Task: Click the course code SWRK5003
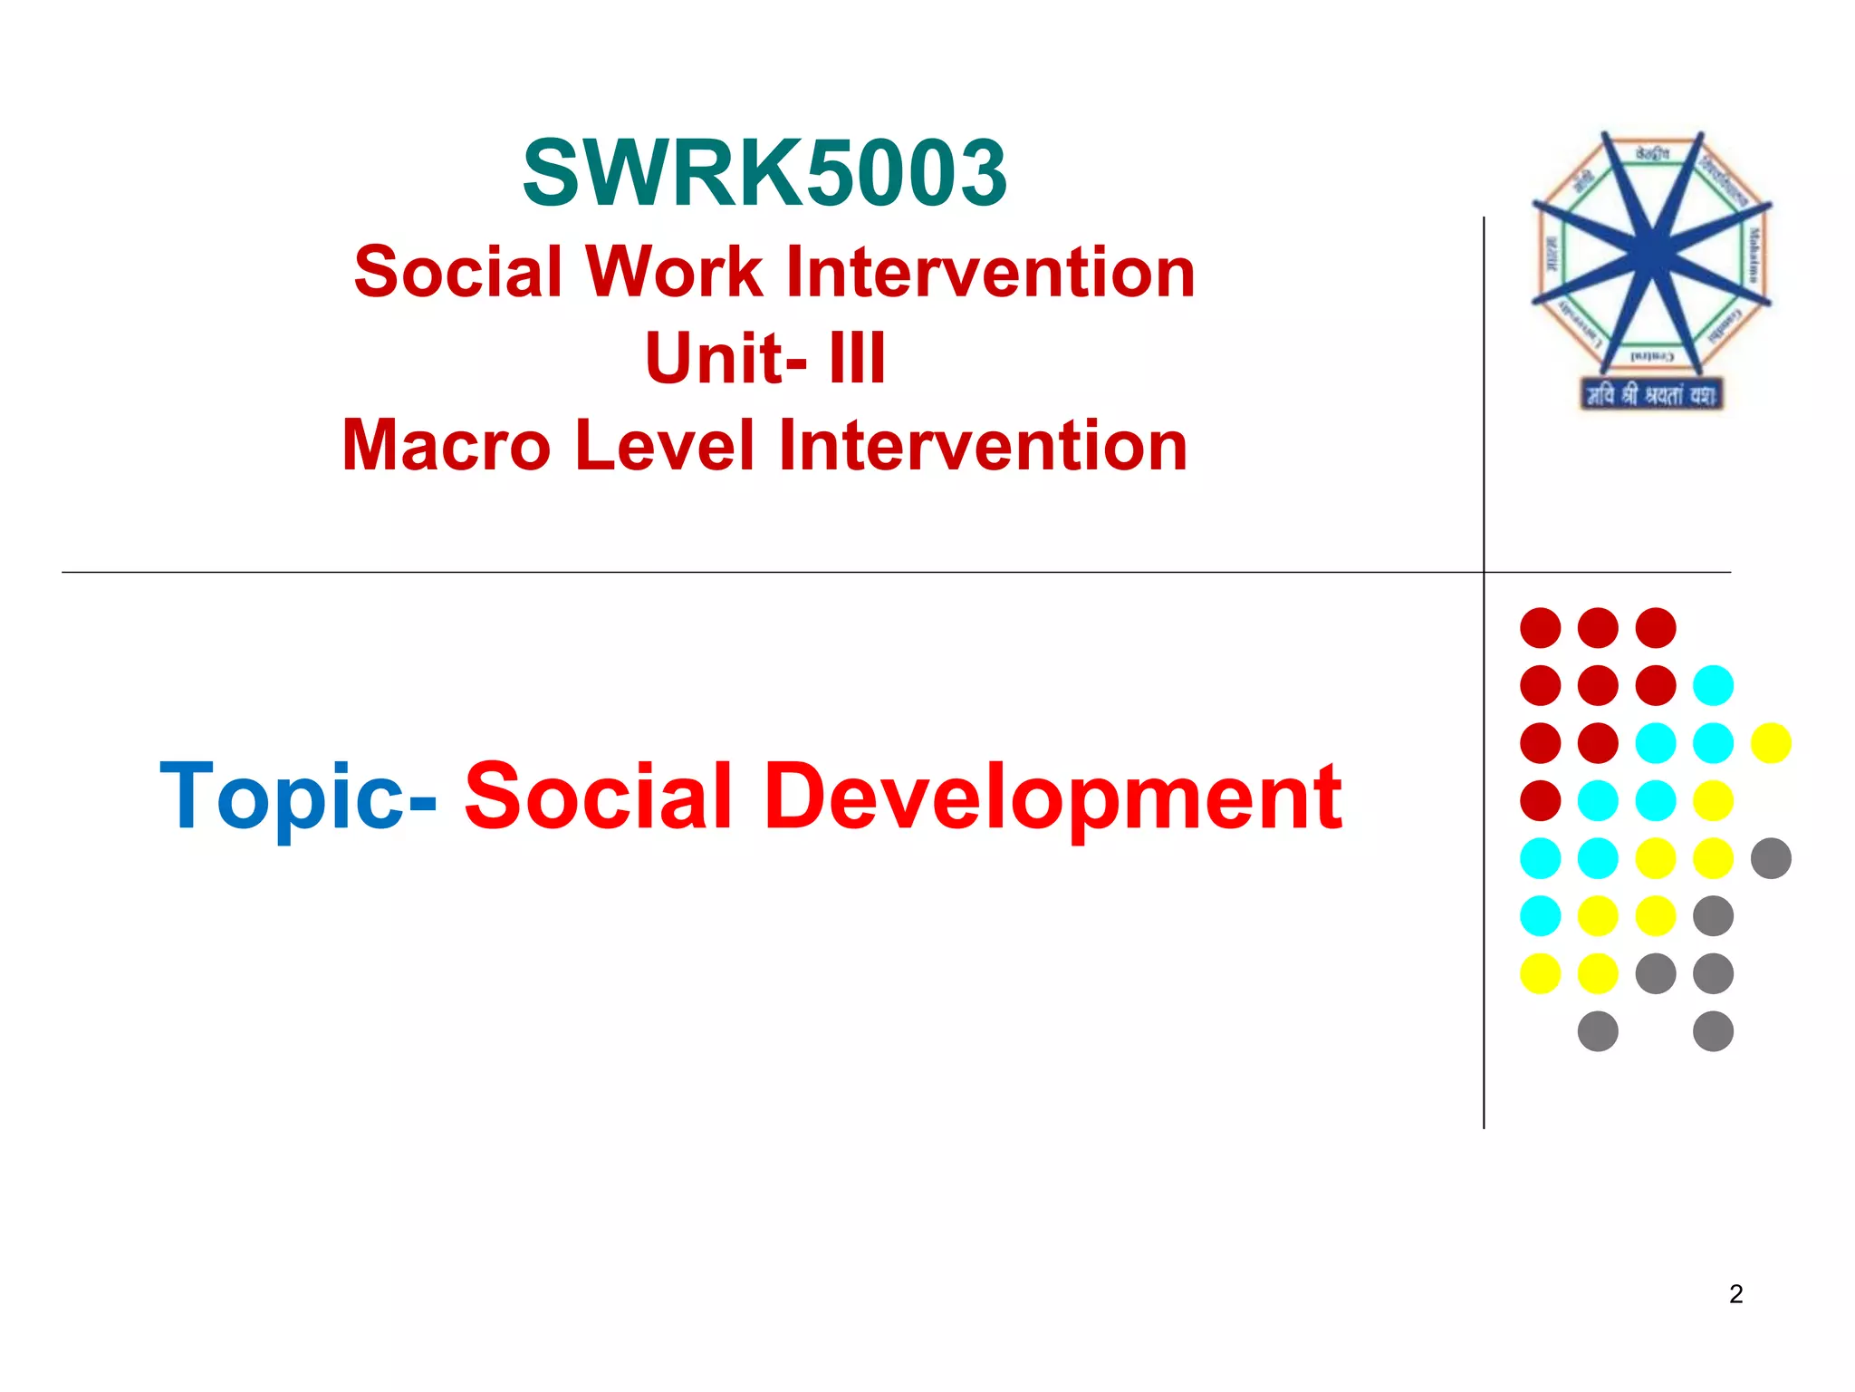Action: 765,172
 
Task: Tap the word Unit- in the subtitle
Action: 726,358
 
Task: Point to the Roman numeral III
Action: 857,358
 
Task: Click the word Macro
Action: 446,446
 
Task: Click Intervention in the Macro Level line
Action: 983,446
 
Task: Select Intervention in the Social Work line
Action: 991,271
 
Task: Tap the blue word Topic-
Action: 298,796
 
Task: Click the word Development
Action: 1053,796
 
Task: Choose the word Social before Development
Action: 598,796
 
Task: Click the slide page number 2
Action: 1735,1294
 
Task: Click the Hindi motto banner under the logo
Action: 1650,395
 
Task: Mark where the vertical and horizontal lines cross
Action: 1484,572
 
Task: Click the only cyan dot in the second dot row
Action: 1713,685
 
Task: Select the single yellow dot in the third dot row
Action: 1771,743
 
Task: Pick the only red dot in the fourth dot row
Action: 1540,800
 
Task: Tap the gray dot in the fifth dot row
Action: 1771,858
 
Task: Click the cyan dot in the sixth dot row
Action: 1540,916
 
